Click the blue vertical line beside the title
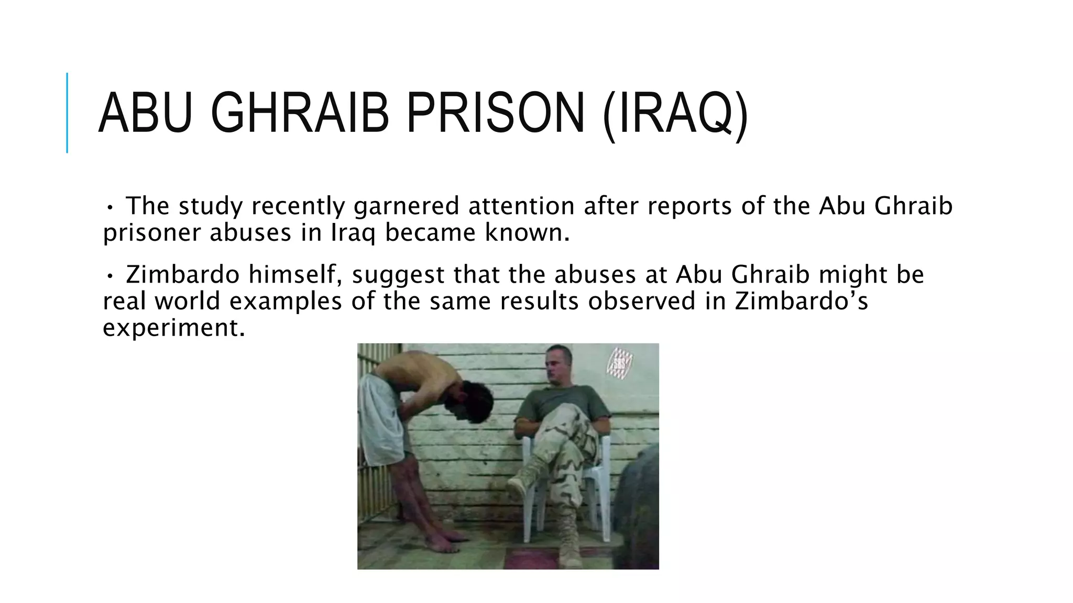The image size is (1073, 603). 67,113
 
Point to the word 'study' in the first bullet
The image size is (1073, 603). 210,206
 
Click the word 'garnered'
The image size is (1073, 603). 406,206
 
